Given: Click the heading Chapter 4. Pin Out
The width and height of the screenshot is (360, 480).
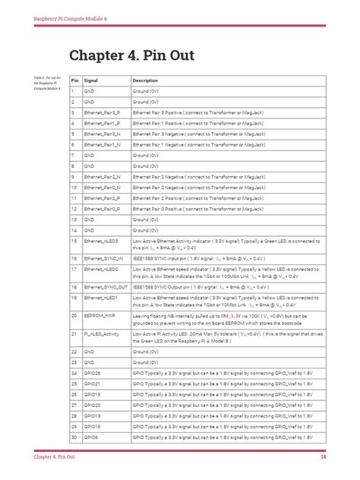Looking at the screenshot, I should pyautogui.click(x=131, y=55).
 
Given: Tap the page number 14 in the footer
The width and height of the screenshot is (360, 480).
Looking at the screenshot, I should pyautogui.click(x=323, y=456).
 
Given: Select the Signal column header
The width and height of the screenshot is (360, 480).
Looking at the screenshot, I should pyautogui.click(x=90, y=80).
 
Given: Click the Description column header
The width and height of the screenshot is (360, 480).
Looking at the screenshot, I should pyautogui.click(x=145, y=80).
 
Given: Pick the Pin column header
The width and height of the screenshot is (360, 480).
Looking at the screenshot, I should pyautogui.click(x=75, y=80).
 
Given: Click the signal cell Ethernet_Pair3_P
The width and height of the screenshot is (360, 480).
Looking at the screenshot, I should pyautogui.click(x=102, y=112).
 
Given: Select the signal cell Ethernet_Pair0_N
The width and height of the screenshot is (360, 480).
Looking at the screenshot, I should pyautogui.click(x=102, y=186).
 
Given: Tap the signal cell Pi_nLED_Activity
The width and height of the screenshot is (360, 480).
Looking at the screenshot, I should pyautogui.click(x=101, y=333).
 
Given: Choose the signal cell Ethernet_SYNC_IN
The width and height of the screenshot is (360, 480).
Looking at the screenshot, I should pyautogui.click(x=103, y=258).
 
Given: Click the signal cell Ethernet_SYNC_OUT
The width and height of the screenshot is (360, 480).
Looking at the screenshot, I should pyautogui.click(x=105, y=287).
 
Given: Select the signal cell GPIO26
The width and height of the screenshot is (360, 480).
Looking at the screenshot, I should pyautogui.click(x=92, y=374).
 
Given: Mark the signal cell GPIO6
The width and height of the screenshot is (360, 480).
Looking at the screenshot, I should pyautogui.click(x=90, y=437).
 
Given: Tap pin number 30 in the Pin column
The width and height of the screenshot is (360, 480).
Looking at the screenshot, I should pyautogui.click(x=75, y=437).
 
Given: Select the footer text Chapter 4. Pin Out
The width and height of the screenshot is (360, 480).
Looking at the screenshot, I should pyautogui.click(x=54, y=456).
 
